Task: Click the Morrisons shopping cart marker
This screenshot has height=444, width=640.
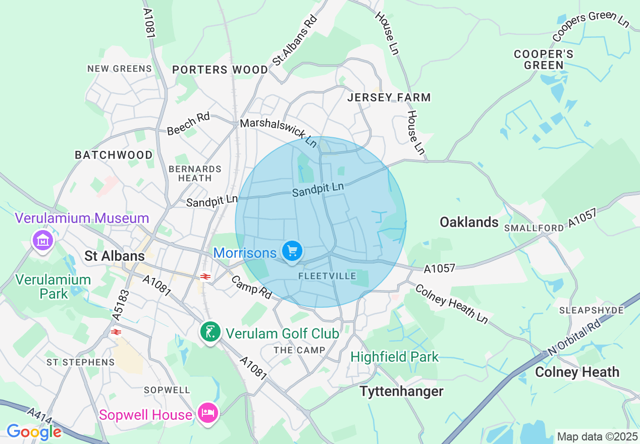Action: coord(292,251)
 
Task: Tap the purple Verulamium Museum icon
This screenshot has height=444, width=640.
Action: coord(43,241)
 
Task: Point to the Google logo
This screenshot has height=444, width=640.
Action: coord(34,432)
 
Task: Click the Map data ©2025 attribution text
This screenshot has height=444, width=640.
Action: coord(596,436)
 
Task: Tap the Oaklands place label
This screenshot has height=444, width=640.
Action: coord(469,222)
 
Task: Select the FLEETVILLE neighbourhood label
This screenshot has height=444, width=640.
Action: coord(327,276)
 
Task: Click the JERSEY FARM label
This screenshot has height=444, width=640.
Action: coord(389,97)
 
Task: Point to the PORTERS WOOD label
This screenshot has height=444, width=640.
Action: coord(220,70)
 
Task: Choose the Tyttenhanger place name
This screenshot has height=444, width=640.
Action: coord(401,391)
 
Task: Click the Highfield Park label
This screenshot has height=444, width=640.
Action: coord(394,357)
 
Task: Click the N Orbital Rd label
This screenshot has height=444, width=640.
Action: coord(575,337)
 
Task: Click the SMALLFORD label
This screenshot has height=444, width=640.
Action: coord(534,228)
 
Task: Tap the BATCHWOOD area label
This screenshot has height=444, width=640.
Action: coord(114,155)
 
